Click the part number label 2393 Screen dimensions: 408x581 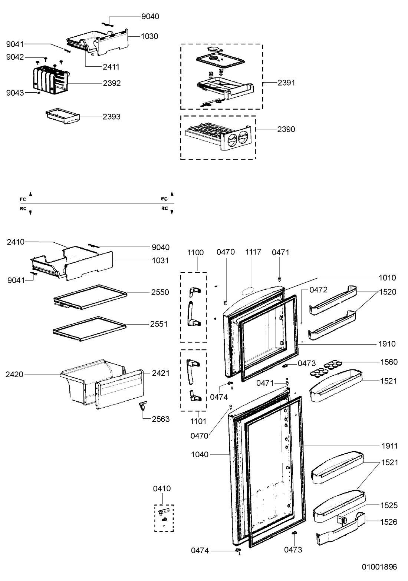[x=111, y=117]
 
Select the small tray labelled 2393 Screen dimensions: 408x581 [x=63, y=116]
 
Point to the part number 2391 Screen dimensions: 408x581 [x=286, y=83]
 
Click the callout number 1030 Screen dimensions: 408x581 [x=149, y=36]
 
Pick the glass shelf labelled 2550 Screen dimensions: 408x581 [x=90, y=297]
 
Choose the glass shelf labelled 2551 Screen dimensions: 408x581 [x=89, y=329]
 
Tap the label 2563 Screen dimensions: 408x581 [x=161, y=419]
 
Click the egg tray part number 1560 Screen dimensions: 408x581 [x=389, y=362]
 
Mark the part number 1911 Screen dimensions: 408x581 [x=389, y=446]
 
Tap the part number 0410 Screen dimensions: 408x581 [x=162, y=489]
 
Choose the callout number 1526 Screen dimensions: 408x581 [x=389, y=522]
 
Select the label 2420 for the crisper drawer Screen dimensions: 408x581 [x=14, y=374]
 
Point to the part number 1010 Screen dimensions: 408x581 [x=387, y=278]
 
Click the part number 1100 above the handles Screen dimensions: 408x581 [x=195, y=253]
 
